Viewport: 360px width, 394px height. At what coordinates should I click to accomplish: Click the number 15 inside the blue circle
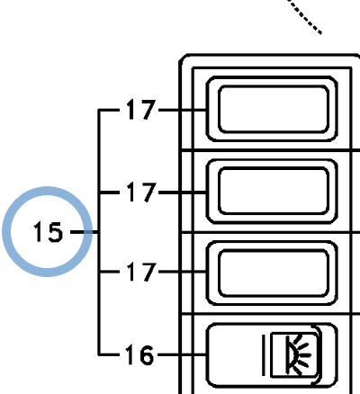click(48, 232)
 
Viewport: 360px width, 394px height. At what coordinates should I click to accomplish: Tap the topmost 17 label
click(141, 110)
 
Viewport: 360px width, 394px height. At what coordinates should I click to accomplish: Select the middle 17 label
click(141, 192)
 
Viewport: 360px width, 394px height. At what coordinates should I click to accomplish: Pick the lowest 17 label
click(141, 272)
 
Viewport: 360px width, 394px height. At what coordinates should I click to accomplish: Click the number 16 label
click(139, 354)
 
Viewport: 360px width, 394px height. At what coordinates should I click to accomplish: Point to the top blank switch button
click(272, 109)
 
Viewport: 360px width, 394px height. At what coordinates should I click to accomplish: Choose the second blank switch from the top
click(272, 192)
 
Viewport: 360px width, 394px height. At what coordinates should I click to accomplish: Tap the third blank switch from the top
click(272, 273)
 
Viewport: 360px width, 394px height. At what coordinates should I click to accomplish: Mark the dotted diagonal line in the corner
click(305, 16)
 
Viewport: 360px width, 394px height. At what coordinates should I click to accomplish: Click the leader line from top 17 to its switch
click(183, 111)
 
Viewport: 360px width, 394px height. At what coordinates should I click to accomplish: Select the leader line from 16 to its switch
click(182, 354)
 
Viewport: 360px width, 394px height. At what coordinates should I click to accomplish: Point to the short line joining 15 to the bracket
click(84, 232)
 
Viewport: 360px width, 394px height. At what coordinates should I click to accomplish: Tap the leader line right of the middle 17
click(183, 193)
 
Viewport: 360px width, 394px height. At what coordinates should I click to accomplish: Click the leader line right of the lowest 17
click(183, 272)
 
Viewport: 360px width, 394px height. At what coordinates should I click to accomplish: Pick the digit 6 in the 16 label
click(147, 355)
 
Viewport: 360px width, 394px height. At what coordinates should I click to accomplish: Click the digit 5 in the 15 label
click(56, 232)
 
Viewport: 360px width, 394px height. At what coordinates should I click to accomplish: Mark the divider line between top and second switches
click(270, 149)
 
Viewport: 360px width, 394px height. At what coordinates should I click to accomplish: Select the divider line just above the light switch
click(270, 314)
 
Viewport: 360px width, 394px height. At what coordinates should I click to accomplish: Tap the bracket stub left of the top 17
click(110, 111)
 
